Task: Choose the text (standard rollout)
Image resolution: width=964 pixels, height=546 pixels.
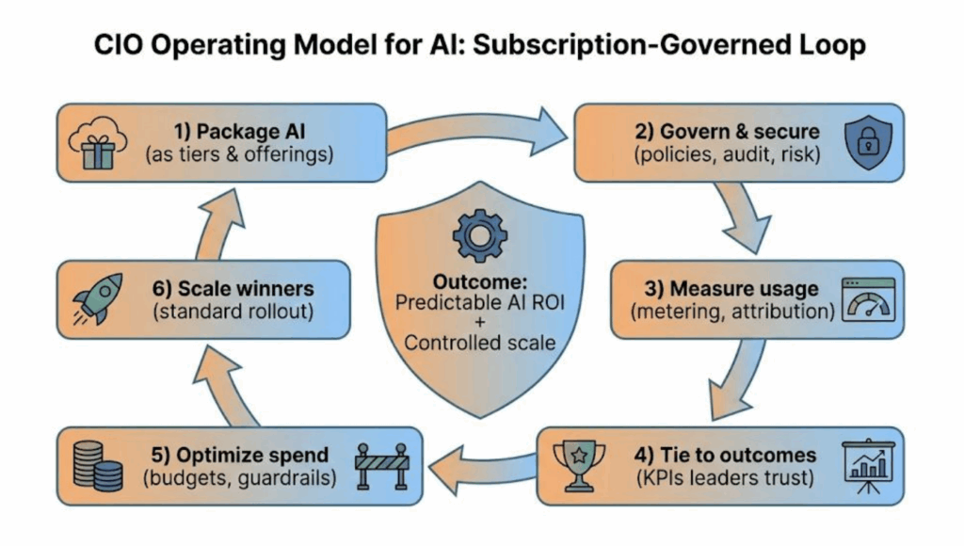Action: coord(233,313)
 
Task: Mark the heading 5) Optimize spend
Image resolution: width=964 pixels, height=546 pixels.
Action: coord(238,456)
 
